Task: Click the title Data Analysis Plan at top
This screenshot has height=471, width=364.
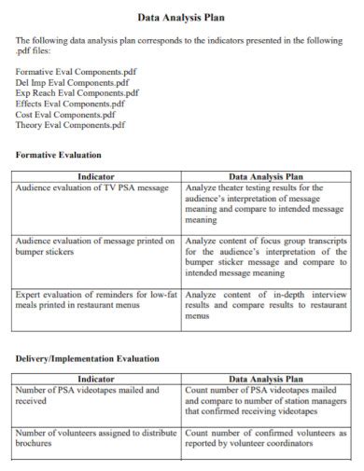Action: coord(181,17)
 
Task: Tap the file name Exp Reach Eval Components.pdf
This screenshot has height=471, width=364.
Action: coord(77,92)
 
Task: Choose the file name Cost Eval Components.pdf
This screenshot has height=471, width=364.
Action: coord(64,114)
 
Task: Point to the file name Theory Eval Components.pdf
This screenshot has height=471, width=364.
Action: coord(70,125)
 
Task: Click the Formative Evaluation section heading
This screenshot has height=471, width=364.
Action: coord(59,154)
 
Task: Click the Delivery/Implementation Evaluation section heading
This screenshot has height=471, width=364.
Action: coord(88,358)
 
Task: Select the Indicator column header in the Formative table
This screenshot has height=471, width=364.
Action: coord(96,175)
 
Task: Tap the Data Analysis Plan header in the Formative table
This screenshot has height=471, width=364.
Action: coord(266,175)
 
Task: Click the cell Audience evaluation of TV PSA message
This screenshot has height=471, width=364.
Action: coord(91,187)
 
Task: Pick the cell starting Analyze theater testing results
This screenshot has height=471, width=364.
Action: coord(266,204)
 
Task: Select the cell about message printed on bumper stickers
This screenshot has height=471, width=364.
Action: coord(95,246)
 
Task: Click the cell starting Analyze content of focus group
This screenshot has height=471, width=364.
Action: coord(266,257)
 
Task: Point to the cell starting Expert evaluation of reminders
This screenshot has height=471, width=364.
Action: coord(95,299)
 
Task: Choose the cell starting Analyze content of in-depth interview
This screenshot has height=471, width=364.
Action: coord(266,305)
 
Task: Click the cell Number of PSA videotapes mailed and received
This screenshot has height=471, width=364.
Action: coord(88,395)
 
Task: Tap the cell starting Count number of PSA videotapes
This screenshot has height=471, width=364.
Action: coord(266,400)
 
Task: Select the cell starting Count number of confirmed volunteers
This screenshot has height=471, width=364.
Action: coord(266,439)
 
